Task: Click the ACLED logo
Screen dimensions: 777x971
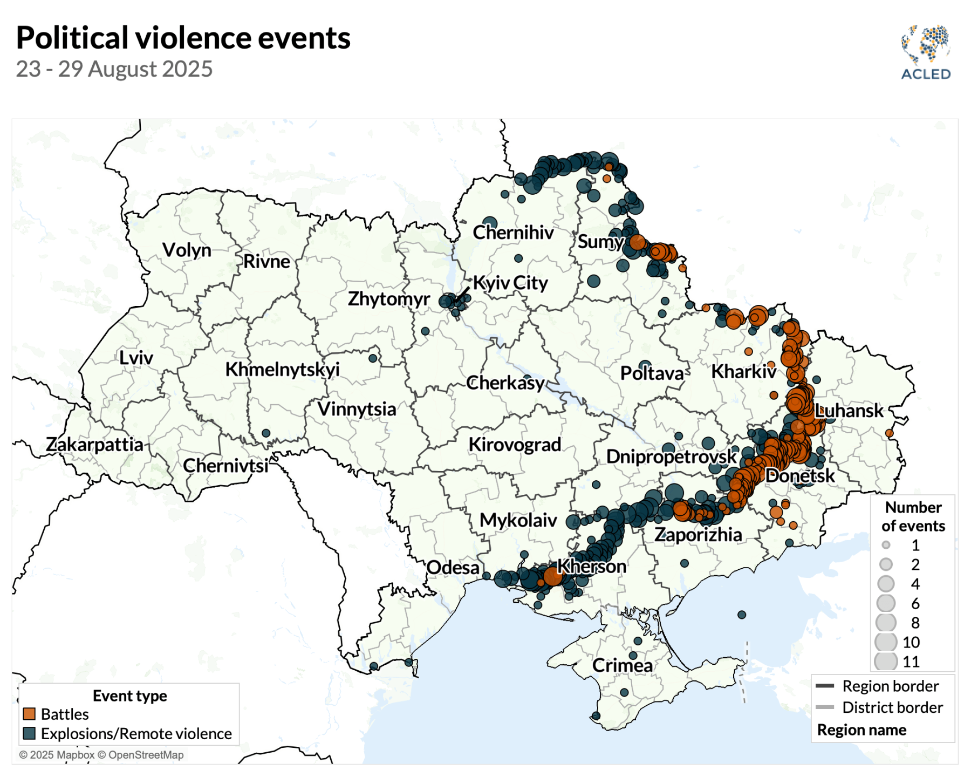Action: [925, 52]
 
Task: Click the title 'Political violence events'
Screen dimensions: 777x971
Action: [183, 38]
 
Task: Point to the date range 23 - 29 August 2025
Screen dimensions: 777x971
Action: [114, 69]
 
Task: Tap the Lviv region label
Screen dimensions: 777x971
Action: [136, 358]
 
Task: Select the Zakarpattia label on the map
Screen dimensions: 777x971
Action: [95, 445]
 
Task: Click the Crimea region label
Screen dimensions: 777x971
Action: [622, 665]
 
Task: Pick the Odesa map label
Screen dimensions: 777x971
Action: [453, 568]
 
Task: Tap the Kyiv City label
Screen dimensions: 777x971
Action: [510, 283]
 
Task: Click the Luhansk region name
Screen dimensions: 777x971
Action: [849, 411]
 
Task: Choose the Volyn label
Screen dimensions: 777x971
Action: [187, 250]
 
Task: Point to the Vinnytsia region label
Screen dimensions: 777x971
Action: [357, 409]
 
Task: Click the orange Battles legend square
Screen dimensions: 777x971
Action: [29, 714]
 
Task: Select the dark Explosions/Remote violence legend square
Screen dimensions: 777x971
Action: [29, 733]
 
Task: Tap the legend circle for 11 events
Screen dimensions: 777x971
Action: [886, 661]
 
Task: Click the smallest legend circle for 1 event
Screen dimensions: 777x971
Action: [886, 545]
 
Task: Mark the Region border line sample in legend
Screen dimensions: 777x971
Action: [825, 686]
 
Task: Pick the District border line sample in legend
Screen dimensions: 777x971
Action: [825, 707]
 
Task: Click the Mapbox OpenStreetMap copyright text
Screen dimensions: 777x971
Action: [101, 755]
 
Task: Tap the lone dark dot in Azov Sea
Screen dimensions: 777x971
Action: [742, 615]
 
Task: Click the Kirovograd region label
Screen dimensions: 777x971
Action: [515, 445]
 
